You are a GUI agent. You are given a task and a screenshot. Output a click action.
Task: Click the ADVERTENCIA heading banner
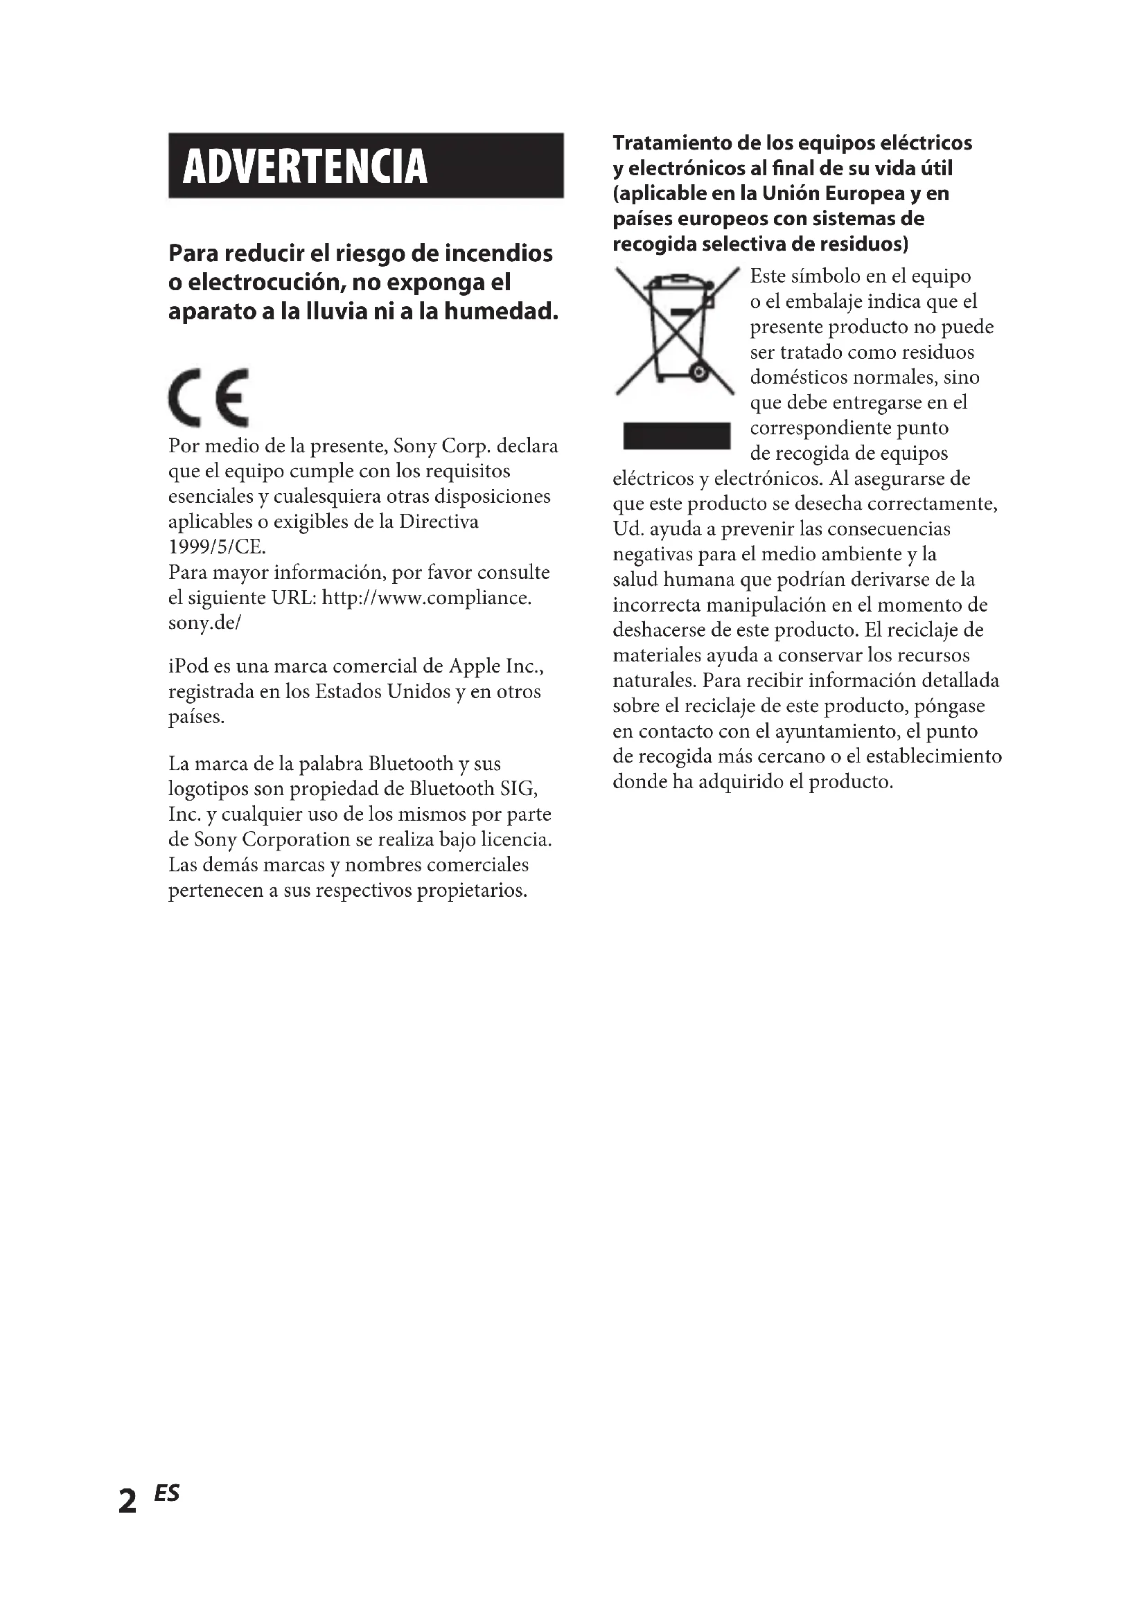(366, 165)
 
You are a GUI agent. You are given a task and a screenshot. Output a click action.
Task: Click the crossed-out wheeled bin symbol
(676, 330)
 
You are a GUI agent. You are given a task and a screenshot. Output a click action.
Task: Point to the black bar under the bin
(676, 436)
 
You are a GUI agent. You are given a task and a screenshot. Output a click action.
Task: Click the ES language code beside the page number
(167, 1493)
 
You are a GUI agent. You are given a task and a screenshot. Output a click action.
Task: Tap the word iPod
(187, 666)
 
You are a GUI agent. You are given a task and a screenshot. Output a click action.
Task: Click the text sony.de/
(204, 623)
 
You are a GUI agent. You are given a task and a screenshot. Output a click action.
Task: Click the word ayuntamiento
(836, 731)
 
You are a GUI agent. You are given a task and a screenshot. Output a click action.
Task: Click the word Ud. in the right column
(626, 528)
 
